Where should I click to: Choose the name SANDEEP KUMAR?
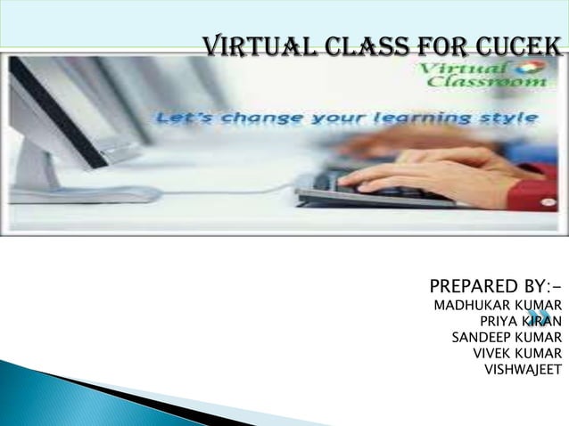tap(507, 338)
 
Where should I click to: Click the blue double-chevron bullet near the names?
tap(537, 317)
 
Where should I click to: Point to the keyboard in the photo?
tap(375, 187)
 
